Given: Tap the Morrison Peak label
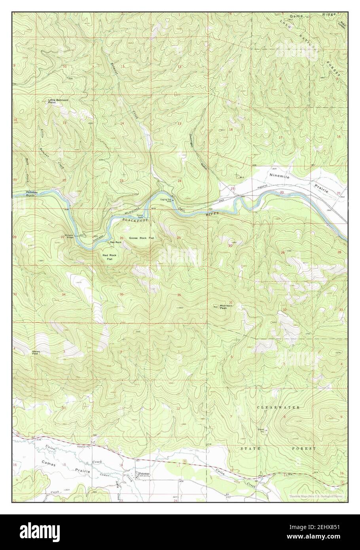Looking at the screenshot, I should (226, 307).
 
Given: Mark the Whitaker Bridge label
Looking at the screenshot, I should (70, 237).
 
